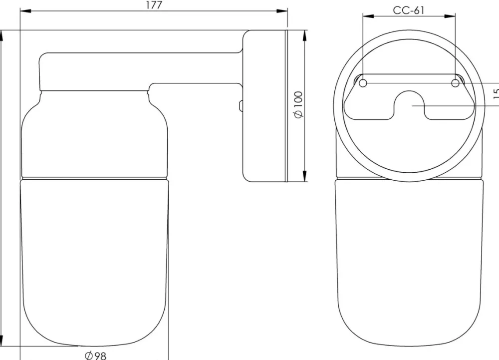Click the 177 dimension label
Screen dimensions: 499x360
pyautogui.click(x=154, y=5)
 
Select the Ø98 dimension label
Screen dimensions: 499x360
pyautogui.click(x=95, y=355)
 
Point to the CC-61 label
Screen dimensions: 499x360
pyautogui.click(x=409, y=10)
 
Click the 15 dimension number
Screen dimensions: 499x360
pyautogui.click(x=496, y=93)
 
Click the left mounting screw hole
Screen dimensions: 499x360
pyautogui.click(x=363, y=83)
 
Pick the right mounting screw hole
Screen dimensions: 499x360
pyautogui.click(x=456, y=83)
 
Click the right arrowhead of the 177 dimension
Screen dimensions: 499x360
pyautogui.click(x=281, y=11)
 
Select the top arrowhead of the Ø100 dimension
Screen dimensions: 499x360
pyautogui.click(x=304, y=35)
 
